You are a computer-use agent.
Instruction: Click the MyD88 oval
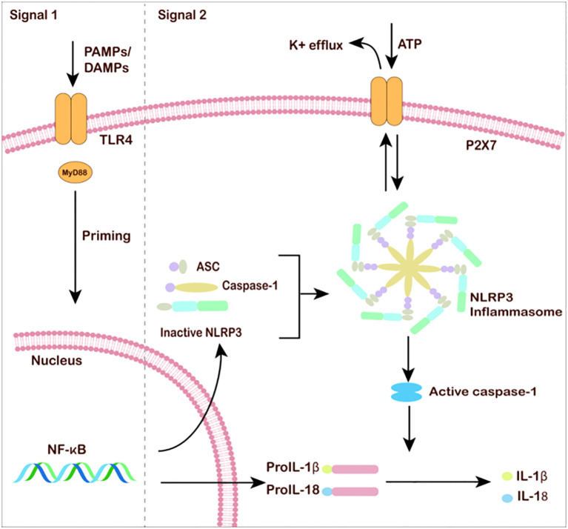(75, 173)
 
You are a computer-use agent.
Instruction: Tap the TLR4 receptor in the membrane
(71, 119)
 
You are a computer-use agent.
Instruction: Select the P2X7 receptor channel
(387, 101)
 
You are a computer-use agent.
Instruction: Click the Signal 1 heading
(33, 15)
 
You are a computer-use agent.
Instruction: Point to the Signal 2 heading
(182, 15)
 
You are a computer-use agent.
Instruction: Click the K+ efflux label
(316, 45)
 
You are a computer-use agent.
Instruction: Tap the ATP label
(410, 44)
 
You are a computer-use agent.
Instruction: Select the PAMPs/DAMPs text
(107, 59)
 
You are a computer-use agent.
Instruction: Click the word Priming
(106, 236)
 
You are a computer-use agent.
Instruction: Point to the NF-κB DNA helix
(74, 472)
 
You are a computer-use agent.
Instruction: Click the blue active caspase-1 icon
(407, 392)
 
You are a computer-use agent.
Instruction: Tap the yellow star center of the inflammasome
(409, 268)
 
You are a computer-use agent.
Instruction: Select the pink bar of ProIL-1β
(355, 470)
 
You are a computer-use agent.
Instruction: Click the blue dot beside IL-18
(507, 499)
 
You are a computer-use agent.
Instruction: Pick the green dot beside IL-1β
(507, 476)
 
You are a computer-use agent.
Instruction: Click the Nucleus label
(56, 361)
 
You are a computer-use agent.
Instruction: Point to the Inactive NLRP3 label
(201, 332)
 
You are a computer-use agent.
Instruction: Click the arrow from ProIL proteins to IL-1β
(438, 482)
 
